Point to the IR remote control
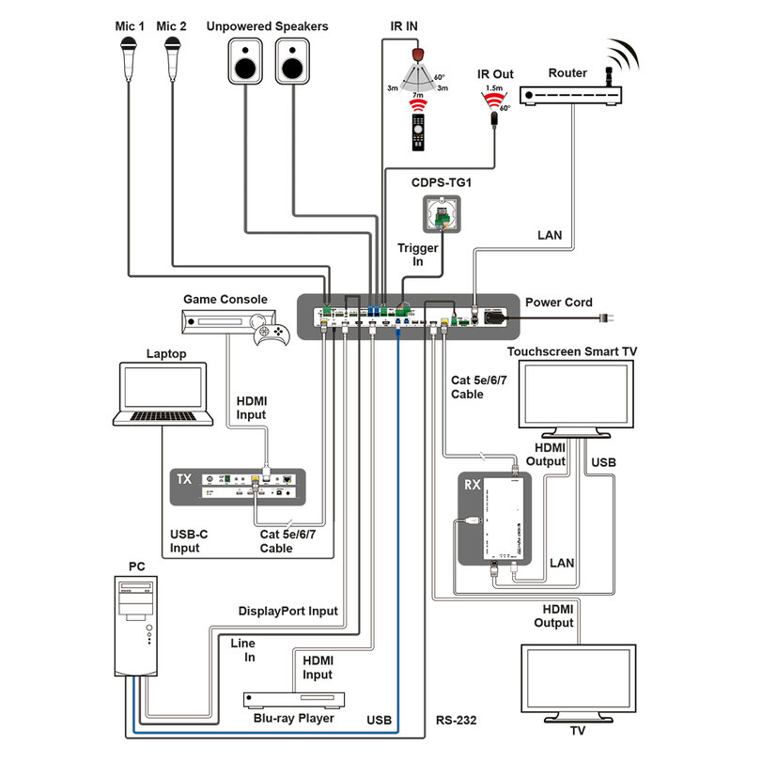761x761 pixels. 415,130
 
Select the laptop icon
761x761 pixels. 162,395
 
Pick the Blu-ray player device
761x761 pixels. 297,700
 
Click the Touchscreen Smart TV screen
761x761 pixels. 577,396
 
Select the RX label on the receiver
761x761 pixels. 474,487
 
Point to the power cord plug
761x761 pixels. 607,319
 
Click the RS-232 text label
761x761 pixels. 456,722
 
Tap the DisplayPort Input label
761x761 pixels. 287,611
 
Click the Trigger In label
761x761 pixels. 418,255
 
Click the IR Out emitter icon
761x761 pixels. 491,117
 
